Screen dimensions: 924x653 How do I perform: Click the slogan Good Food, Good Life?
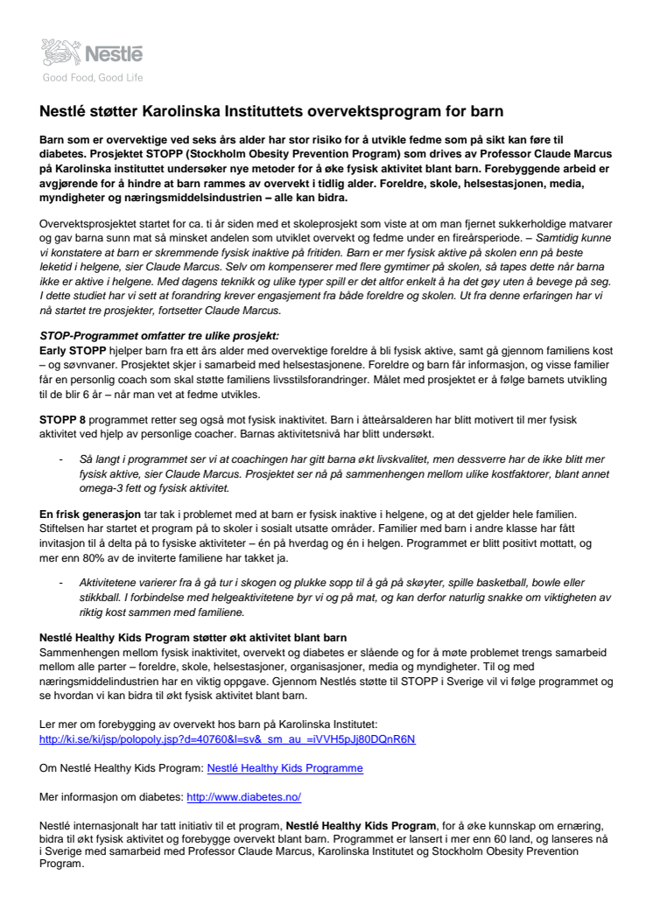click(92, 78)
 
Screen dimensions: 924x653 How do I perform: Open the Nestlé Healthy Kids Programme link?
click(284, 768)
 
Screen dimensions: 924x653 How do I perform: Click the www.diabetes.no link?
click(244, 797)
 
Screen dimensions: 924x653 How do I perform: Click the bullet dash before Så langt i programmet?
click(60, 458)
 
